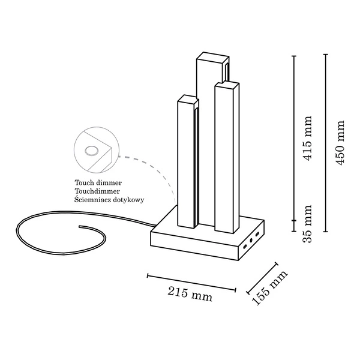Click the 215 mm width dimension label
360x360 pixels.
[190, 294]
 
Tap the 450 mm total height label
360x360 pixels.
[340, 143]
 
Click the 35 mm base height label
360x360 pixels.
[308, 224]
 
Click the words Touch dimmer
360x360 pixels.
[98, 181]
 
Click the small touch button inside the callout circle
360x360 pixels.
[92, 150]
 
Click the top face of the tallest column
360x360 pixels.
[212, 57]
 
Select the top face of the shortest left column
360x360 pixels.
[187, 98]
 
